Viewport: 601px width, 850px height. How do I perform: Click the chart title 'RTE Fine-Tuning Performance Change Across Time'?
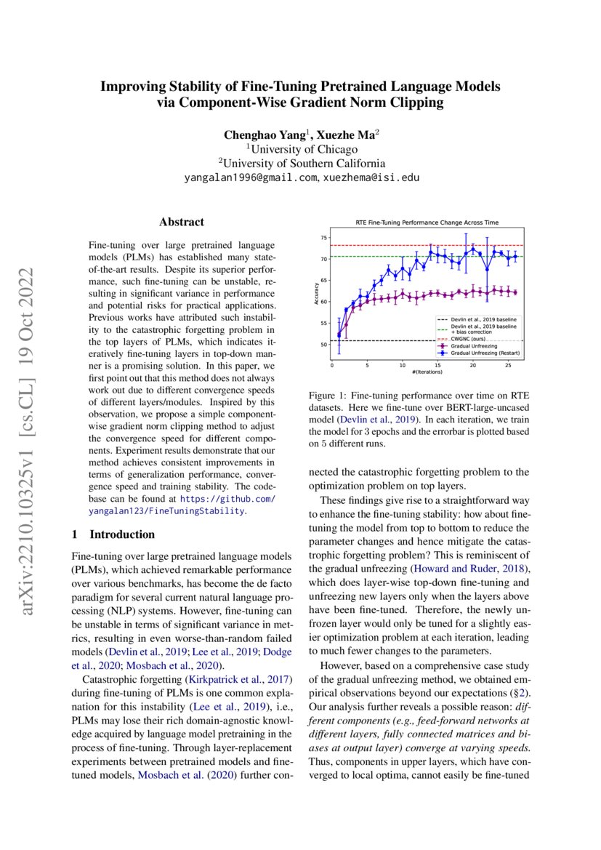coord(427,222)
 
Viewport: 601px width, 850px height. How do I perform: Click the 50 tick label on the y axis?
coord(324,345)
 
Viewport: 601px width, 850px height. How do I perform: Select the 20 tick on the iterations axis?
coord(472,366)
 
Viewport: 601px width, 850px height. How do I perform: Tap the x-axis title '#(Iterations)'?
coord(427,374)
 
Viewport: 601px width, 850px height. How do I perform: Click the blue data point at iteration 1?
coord(339,334)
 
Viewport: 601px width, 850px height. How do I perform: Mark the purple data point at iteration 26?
coord(515,292)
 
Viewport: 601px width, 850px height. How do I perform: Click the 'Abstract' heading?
coord(182,222)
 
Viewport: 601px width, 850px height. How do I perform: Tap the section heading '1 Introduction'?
coord(113,534)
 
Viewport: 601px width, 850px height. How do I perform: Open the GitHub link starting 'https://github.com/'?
coord(227,499)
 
